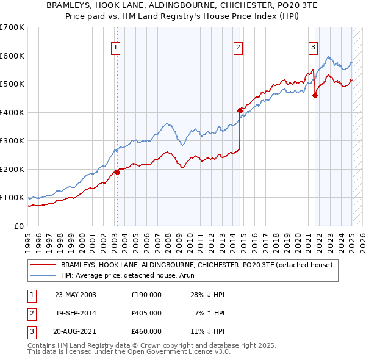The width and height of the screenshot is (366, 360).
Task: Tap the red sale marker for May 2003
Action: [x=117, y=172]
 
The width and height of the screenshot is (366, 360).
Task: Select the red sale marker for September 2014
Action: [x=240, y=110]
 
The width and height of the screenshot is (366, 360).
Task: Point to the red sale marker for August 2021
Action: [x=315, y=95]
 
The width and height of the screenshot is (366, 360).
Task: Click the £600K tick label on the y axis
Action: [x=12, y=56]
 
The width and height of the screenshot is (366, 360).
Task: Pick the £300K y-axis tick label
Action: [x=12, y=141]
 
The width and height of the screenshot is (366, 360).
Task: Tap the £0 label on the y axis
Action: [x=18, y=226]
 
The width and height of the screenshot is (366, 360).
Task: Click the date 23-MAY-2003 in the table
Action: [x=76, y=295]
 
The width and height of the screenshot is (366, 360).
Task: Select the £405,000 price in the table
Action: [x=146, y=313]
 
